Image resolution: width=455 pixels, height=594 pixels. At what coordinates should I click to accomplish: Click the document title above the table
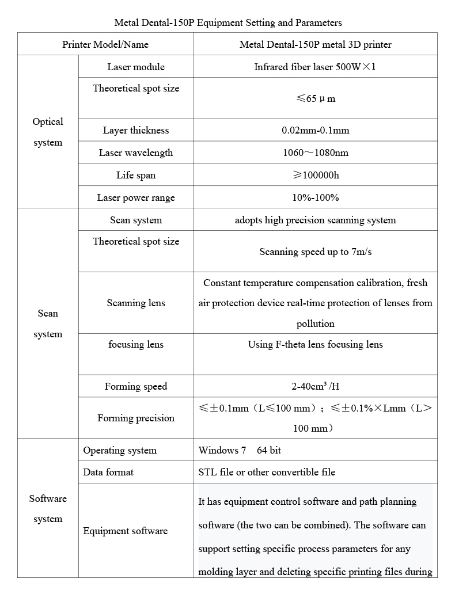click(x=228, y=23)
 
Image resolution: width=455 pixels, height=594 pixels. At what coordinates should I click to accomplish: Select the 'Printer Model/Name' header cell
click(x=105, y=44)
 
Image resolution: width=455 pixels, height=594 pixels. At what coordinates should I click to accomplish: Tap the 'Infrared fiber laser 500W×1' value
click(x=315, y=67)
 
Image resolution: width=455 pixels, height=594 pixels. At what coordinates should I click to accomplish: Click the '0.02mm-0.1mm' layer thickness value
click(x=315, y=130)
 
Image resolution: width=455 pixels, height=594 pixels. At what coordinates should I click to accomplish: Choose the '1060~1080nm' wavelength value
click(x=315, y=153)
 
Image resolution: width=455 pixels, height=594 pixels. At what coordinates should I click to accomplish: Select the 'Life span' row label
click(x=136, y=175)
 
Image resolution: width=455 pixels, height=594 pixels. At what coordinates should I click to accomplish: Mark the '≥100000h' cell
click(x=315, y=175)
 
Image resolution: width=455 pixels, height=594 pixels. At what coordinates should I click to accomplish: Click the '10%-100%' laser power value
click(x=315, y=197)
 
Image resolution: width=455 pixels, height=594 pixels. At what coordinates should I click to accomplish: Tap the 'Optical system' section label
click(x=48, y=132)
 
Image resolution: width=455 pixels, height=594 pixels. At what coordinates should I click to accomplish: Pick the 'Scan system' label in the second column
click(x=136, y=220)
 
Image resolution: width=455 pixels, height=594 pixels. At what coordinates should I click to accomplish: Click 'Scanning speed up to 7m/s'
click(x=315, y=252)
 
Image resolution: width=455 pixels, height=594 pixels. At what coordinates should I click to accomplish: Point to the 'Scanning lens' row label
click(x=136, y=303)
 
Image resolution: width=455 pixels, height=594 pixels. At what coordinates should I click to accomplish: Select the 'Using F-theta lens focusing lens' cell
click(x=315, y=344)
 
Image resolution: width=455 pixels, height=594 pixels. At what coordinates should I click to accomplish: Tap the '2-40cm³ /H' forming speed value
click(x=315, y=386)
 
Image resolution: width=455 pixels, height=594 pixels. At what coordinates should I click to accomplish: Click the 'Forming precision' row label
click(x=136, y=418)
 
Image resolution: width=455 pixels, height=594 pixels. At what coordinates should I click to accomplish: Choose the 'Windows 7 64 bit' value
click(x=240, y=450)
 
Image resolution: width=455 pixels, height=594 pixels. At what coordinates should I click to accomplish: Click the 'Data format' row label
click(x=108, y=472)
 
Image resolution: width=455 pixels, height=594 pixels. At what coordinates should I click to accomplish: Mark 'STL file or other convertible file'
click(x=267, y=472)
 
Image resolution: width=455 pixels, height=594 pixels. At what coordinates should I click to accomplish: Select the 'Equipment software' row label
click(x=126, y=531)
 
